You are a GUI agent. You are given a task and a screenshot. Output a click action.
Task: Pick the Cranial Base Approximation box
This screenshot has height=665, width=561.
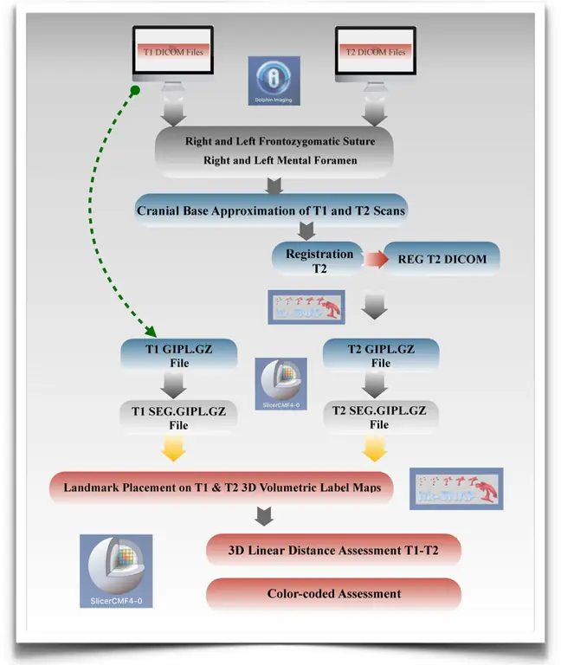coord(270,210)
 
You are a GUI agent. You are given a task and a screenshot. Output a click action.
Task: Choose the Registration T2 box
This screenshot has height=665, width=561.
coord(319,261)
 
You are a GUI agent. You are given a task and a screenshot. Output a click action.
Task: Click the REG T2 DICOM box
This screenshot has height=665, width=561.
coord(442,259)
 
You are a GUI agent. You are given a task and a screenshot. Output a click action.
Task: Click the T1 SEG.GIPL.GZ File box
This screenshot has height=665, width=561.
coord(178,418)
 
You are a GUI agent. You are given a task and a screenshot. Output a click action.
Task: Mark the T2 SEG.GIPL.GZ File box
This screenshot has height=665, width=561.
coord(380,418)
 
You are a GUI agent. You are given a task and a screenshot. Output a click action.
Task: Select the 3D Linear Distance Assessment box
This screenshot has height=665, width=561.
coord(332,549)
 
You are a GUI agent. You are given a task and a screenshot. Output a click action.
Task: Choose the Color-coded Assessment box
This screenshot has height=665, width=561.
coord(332,594)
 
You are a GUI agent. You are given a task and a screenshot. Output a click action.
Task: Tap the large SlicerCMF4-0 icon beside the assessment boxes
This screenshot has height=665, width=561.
coord(116,571)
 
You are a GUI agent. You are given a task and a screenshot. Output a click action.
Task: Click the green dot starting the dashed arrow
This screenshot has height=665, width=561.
coord(134,91)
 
